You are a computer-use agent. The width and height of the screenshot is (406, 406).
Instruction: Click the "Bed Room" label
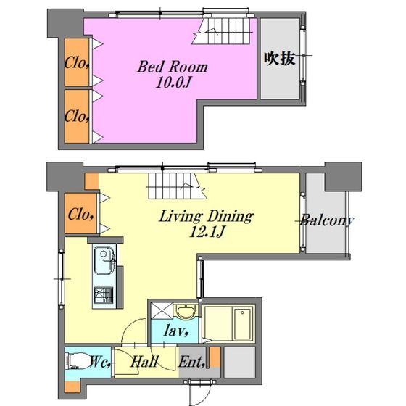tap(173, 67)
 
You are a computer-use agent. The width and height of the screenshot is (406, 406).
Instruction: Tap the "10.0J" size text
tap(173, 83)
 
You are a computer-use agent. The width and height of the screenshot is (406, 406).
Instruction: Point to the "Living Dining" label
tap(207, 216)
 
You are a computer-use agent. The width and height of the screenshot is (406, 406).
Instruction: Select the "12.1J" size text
tap(207, 231)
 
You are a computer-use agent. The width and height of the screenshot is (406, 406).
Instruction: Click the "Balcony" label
tap(327, 220)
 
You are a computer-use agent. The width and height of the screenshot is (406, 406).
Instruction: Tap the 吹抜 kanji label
tap(279, 59)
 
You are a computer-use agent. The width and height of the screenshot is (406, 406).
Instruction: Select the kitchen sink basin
tap(104, 260)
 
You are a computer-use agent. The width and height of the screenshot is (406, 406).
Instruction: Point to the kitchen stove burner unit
tap(104, 295)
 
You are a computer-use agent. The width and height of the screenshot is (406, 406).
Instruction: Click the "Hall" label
tap(144, 362)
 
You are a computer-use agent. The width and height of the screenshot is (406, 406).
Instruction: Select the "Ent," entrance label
tap(192, 362)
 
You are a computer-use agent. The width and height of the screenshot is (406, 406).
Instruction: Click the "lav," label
tap(175, 331)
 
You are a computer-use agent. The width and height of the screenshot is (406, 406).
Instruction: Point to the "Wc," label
tap(101, 362)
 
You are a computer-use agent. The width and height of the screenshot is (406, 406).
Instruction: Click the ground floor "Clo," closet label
tap(80, 215)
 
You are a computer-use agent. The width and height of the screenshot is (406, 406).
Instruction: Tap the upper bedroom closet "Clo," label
tap(77, 62)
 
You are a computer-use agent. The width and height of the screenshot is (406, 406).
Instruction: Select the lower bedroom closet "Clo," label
tap(77, 116)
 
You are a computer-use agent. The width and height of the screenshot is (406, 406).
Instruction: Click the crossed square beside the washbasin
tap(162, 310)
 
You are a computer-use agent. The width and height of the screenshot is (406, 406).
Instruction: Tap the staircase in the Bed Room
tap(221, 30)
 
